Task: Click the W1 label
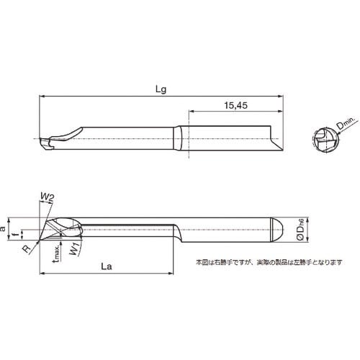click(x=74, y=251)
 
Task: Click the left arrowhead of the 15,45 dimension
click(x=192, y=112)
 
